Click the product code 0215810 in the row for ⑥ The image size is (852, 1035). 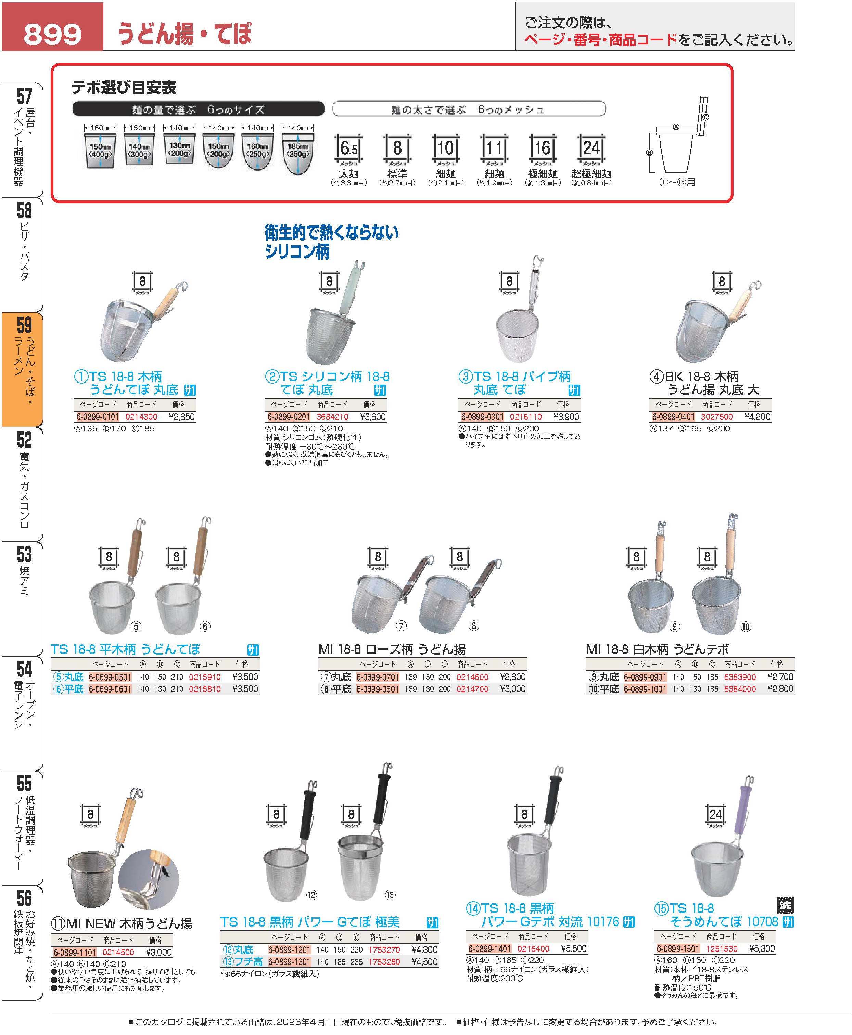pos(205,689)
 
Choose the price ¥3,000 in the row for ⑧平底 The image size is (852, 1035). pos(513,689)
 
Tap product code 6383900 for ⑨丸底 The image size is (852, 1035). pos(740,677)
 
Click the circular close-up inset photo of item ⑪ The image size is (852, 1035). pos(149,880)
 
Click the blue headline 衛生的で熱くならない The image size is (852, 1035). pos(332,233)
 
